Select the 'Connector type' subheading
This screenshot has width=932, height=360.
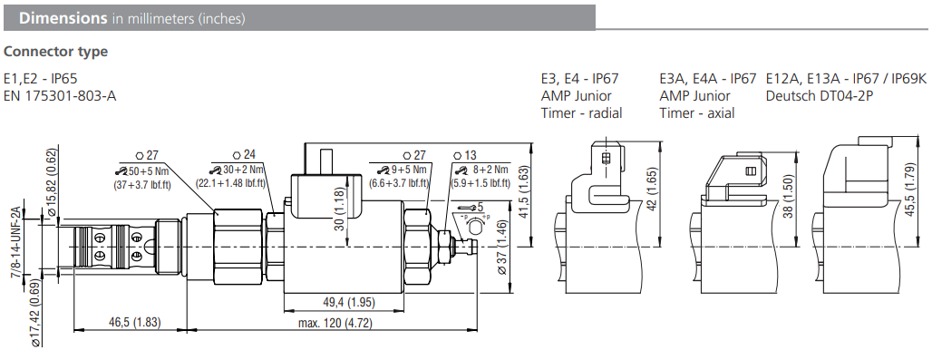pyautogui.click(x=56, y=52)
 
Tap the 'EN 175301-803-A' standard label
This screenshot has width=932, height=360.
pyautogui.click(x=60, y=95)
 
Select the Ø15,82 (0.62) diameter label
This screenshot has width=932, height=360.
pyautogui.click(x=51, y=180)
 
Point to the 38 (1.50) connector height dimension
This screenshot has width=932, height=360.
pyautogui.click(x=790, y=193)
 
